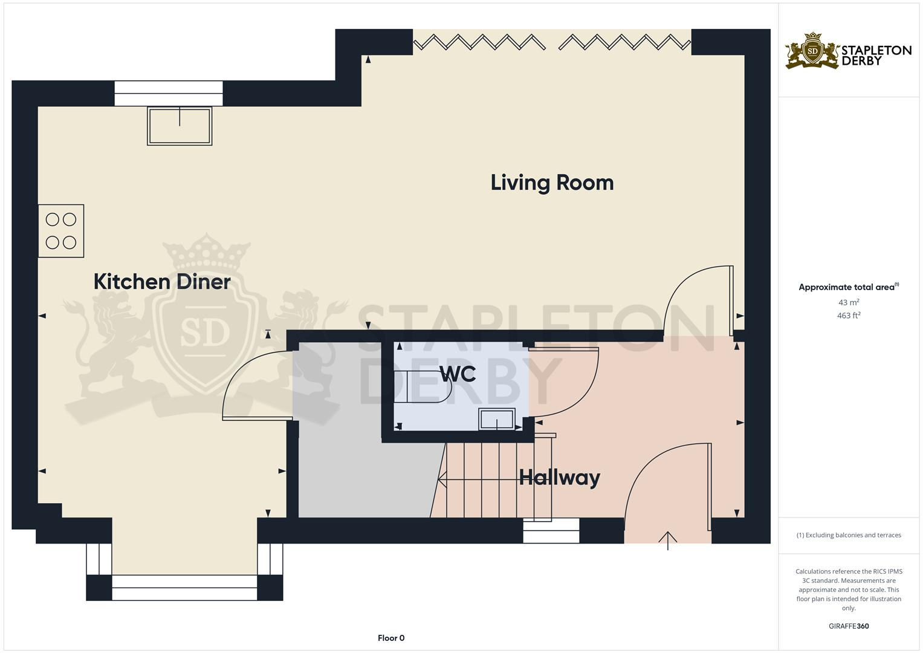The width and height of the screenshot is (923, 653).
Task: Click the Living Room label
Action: point(552,183)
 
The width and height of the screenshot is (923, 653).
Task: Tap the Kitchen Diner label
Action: point(162,282)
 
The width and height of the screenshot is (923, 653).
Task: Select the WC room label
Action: point(458,374)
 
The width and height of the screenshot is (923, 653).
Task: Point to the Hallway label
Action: point(560,478)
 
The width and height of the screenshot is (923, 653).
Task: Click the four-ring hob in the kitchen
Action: point(61,231)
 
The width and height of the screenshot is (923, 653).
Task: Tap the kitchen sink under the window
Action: point(180,126)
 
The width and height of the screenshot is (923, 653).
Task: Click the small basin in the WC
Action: point(497,419)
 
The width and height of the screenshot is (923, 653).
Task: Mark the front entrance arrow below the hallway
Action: point(668,540)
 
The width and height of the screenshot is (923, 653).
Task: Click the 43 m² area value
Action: point(849,302)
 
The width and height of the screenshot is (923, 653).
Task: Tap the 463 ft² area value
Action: point(849,316)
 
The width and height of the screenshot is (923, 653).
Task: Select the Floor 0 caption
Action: point(391,638)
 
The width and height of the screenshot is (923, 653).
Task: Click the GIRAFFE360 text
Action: point(849,626)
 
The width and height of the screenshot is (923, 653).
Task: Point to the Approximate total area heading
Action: point(848,287)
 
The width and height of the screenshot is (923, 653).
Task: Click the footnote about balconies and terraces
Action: point(849,535)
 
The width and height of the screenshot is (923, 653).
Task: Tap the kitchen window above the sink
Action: point(169,94)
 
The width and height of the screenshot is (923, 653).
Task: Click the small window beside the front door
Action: point(551,530)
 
